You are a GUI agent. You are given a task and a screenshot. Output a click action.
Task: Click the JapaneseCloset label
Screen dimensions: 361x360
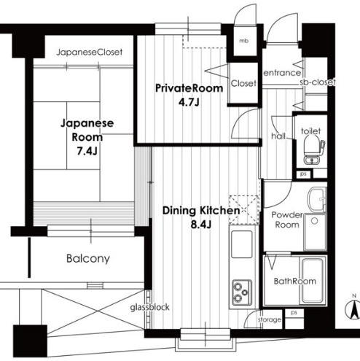click(90, 53)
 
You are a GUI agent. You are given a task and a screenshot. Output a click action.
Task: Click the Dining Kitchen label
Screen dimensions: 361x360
click(201, 211)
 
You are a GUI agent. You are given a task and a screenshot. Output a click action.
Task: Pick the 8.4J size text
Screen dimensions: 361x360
click(201, 224)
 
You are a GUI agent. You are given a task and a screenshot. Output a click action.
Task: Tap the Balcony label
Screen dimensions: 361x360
click(87, 259)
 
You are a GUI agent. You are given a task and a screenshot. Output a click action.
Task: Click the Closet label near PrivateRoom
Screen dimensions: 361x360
click(243, 83)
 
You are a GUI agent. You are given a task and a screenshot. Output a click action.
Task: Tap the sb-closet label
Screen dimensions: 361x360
click(318, 83)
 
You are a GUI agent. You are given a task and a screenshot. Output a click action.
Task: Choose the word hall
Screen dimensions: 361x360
click(278, 136)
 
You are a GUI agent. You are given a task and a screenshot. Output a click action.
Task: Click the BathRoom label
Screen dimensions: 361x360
click(294, 281)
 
